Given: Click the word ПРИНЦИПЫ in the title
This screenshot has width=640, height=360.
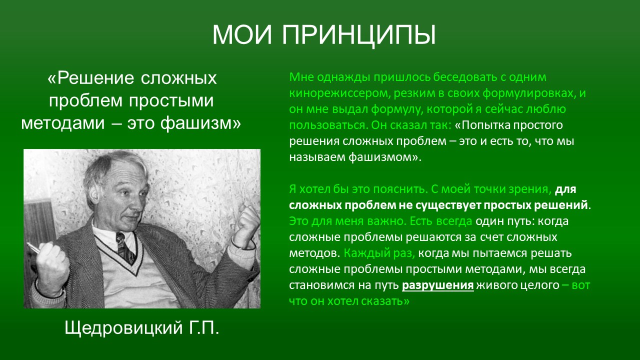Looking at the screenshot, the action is pyautogui.click(x=359, y=35).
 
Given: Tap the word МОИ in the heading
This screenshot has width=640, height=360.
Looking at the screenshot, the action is pyautogui.click(x=242, y=34).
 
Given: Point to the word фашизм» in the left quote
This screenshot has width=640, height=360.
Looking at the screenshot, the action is pyautogui.click(x=200, y=123).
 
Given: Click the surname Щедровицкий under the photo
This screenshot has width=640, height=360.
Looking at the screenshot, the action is pyautogui.click(x=123, y=328).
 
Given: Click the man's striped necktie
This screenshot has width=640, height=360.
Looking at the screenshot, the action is pyautogui.click(x=125, y=247).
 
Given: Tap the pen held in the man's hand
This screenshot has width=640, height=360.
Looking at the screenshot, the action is pyautogui.click(x=33, y=247).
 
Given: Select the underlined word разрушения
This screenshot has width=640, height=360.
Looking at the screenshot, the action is pyautogui.click(x=437, y=285).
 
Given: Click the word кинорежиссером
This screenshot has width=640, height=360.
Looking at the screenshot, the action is pyautogui.click(x=339, y=93).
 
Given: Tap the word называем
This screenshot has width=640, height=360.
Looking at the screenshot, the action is pyautogui.click(x=317, y=157).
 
